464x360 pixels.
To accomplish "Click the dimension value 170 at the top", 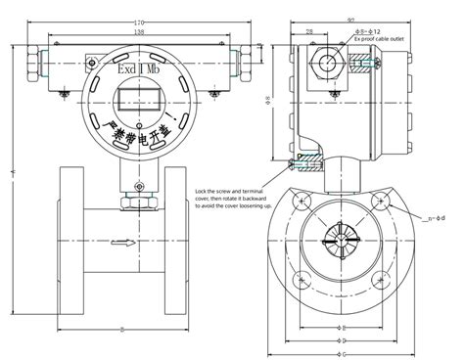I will [140, 22].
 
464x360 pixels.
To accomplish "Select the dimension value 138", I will [140, 32].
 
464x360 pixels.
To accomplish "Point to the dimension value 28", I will [310, 32].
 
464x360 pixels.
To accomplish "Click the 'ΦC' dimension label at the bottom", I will [339, 340].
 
